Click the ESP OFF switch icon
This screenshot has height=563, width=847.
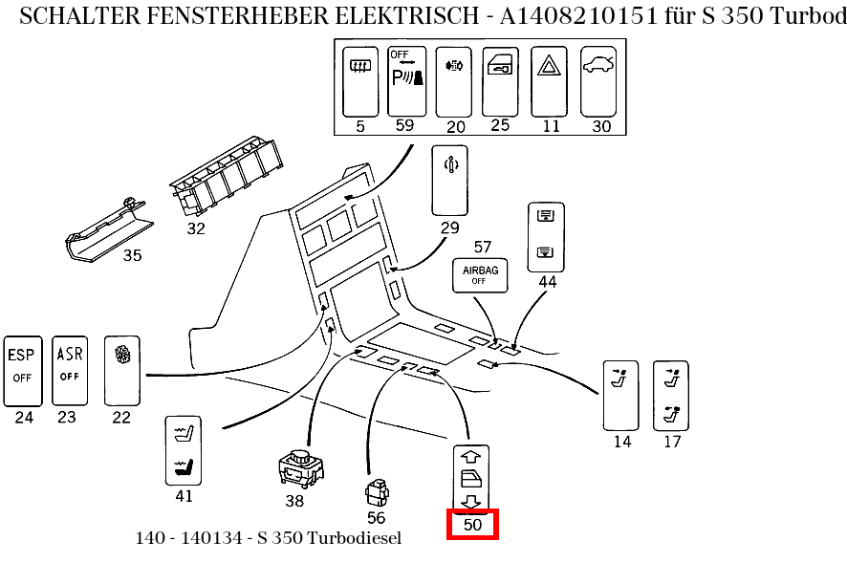pos(23,370)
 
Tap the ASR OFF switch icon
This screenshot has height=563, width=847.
pos(69,370)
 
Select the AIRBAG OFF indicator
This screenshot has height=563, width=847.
pos(480,275)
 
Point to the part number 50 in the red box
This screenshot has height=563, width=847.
pos(472,525)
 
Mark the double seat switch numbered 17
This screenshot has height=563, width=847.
pos(670,394)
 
